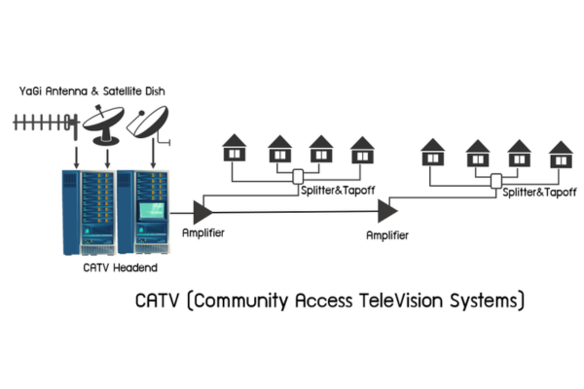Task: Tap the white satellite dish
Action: pyautogui.click(x=149, y=124)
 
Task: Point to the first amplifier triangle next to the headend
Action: pyautogui.click(x=202, y=208)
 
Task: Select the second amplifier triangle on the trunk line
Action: pyautogui.click(x=386, y=208)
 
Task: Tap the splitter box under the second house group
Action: pyautogui.click(x=496, y=181)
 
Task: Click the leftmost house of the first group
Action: pyautogui.click(x=235, y=149)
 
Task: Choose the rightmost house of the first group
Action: pyautogui.click(x=362, y=149)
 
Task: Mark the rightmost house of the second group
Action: pyautogui.click(x=560, y=153)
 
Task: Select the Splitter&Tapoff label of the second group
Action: pyautogui.click(x=538, y=194)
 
